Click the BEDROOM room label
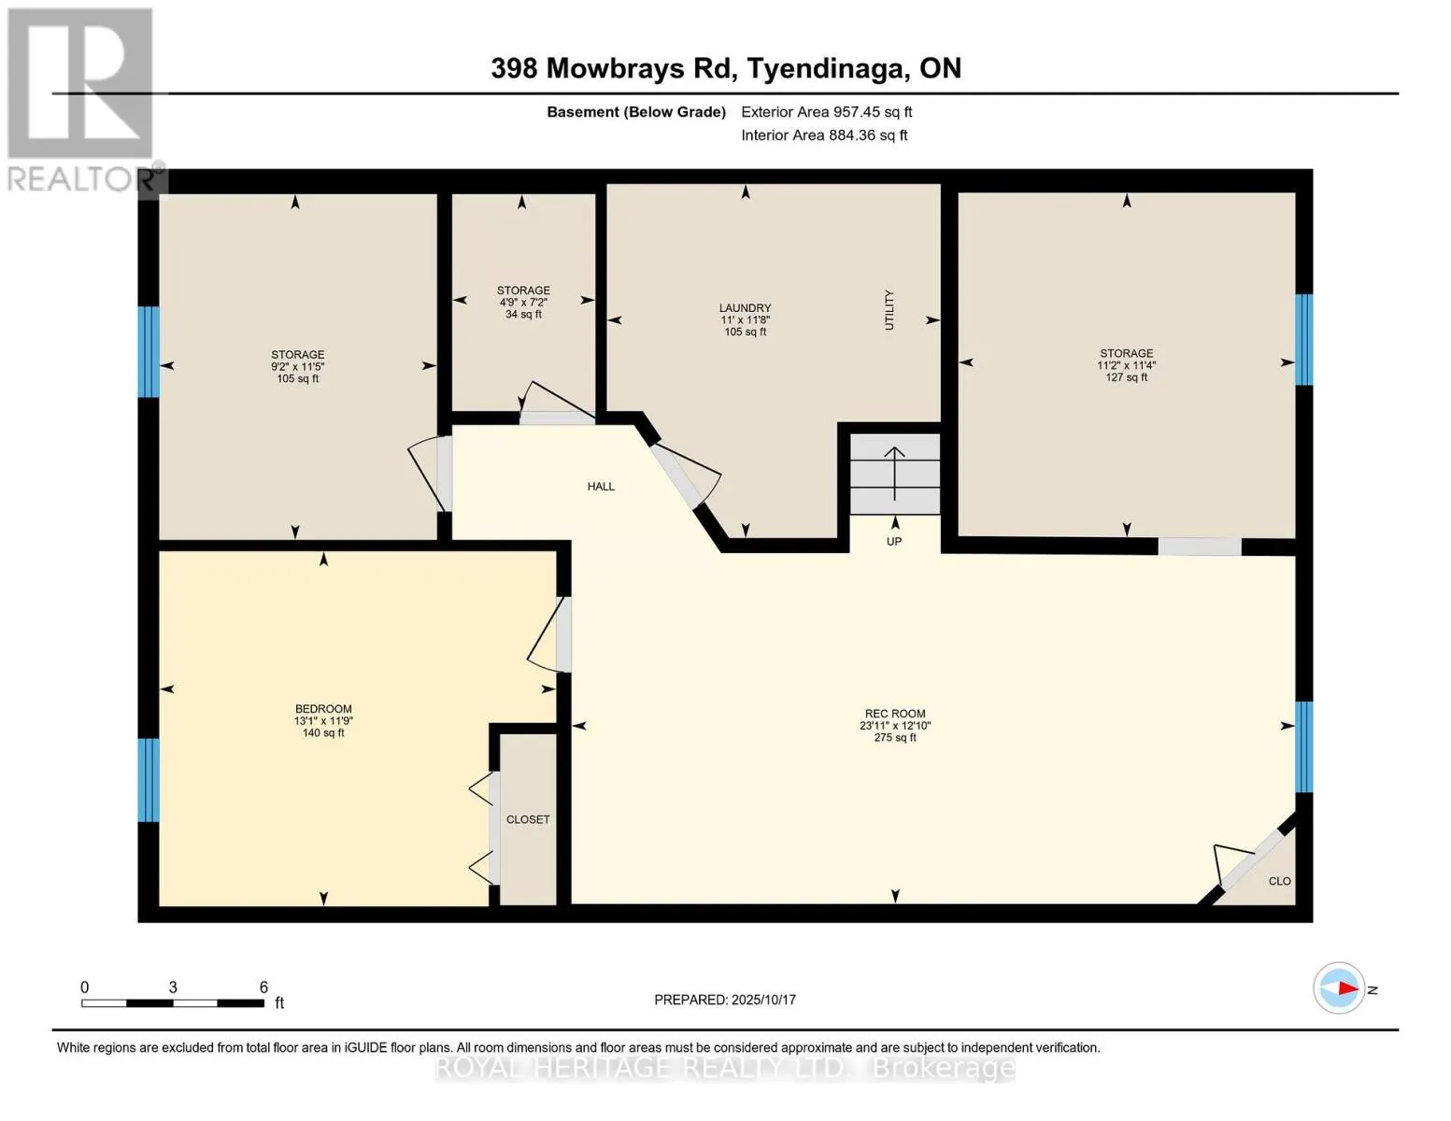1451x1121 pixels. [x=323, y=708]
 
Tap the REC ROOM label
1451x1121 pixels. [x=895, y=713]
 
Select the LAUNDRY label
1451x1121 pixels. [x=746, y=307]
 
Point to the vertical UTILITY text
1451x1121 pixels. [x=889, y=310]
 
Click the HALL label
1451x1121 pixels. [x=601, y=487]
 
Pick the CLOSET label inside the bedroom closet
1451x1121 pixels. [x=528, y=819]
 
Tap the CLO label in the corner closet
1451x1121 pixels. [x=1279, y=881]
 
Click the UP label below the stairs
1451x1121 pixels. [x=894, y=542]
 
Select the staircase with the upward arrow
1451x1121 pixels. [x=895, y=474]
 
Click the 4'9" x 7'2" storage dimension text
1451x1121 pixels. [x=523, y=303]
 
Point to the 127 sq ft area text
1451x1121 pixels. [x=1127, y=377]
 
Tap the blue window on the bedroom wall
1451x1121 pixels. [x=149, y=780]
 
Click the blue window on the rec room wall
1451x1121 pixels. [x=1303, y=746]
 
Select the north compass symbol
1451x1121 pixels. [x=1339, y=988]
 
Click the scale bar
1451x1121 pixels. [x=173, y=1002]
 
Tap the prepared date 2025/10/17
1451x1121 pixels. [x=763, y=1000]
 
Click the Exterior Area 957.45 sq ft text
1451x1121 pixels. [x=827, y=112]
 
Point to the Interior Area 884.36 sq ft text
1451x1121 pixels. [x=824, y=135]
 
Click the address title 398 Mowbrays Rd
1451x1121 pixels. [x=614, y=68]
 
